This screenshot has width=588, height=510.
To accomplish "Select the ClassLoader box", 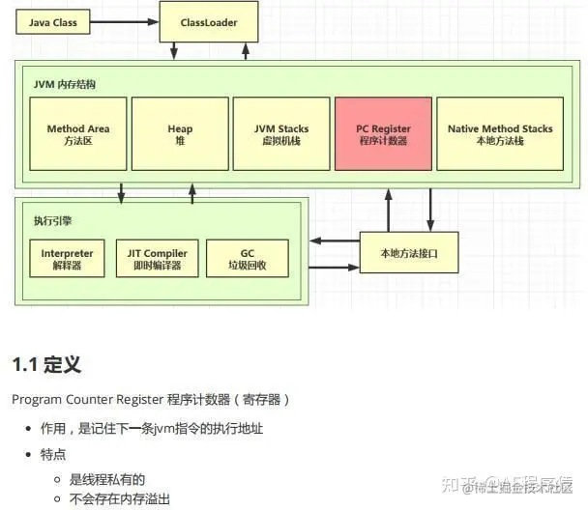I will pyautogui.click(x=208, y=21).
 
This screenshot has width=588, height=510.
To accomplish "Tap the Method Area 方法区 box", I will pyautogui.click(x=78, y=134).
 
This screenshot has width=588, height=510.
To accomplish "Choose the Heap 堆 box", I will pyautogui.click(x=180, y=134).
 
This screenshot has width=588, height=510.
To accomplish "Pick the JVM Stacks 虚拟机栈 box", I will pyautogui.click(x=280, y=134).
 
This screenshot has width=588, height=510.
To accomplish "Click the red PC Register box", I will pyautogui.click(x=383, y=134).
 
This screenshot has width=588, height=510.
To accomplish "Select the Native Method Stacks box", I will pyautogui.click(x=500, y=134).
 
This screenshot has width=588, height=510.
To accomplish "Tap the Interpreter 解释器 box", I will pyautogui.click(x=68, y=259).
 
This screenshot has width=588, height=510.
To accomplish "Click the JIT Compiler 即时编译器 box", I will pyautogui.click(x=157, y=259).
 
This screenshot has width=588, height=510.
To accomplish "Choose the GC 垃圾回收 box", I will pyautogui.click(x=248, y=259).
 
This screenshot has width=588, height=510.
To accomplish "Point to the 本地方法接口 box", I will pyautogui.click(x=409, y=252).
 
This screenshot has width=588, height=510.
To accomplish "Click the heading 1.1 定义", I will pyautogui.click(x=45, y=364).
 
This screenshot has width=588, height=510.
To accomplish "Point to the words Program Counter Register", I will pyautogui.click(x=87, y=399).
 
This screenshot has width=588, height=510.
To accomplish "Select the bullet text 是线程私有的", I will pyautogui.click(x=106, y=478).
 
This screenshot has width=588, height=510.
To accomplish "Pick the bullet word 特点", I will pyautogui.click(x=52, y=453).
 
